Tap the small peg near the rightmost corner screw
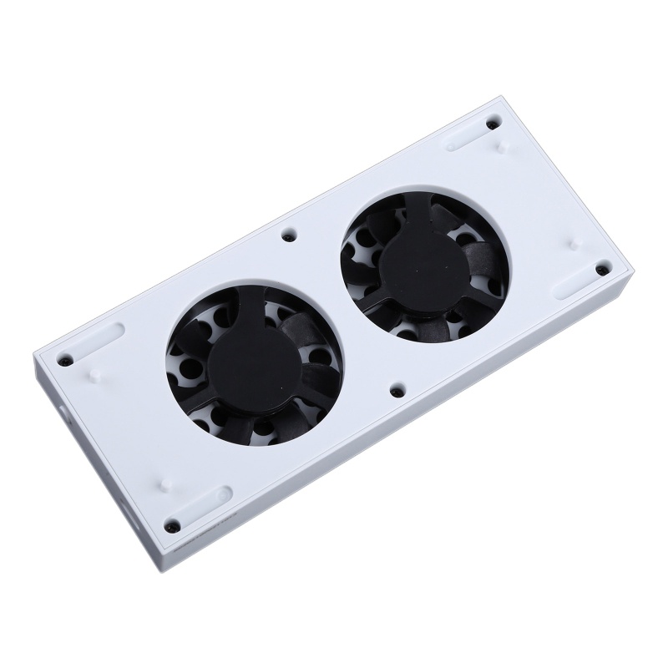[574, 244]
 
